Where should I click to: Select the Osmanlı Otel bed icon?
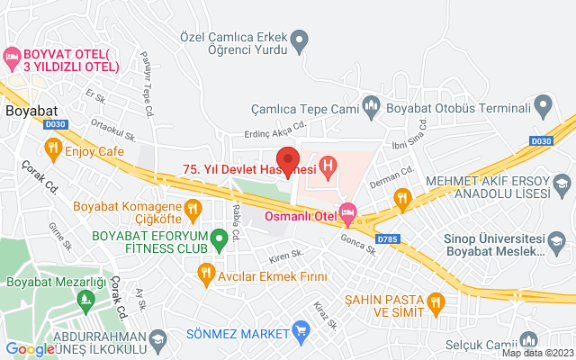348,213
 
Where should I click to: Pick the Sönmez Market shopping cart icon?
301,333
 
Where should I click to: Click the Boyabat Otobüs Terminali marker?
542,108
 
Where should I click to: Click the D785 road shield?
388,239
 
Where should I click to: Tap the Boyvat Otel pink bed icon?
13,59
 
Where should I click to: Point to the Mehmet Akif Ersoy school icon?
562,185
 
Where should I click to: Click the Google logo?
31,349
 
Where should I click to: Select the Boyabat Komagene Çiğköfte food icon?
193,211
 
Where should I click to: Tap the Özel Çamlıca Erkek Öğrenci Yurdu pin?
301,40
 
